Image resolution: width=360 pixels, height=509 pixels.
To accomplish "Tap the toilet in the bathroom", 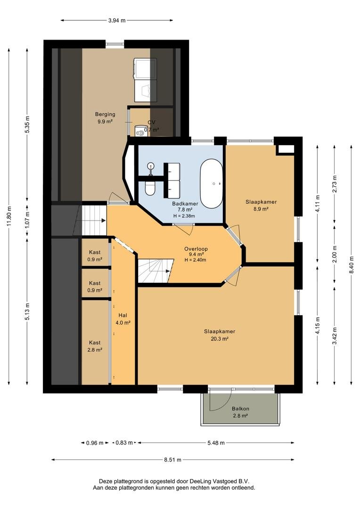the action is point(150,188).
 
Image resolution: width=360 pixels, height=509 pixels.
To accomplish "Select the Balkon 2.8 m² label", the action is point(240,412).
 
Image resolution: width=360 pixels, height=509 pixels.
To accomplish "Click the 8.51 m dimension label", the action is point(172,460).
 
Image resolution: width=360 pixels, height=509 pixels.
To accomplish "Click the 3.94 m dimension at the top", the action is point(117,20).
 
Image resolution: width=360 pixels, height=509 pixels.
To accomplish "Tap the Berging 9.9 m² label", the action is point(105,118).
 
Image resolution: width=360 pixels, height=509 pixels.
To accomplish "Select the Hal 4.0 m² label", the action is point(123,319).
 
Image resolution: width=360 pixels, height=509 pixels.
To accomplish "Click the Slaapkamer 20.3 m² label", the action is point(220,335).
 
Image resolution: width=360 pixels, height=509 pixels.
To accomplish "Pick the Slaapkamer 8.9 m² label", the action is point(261,205).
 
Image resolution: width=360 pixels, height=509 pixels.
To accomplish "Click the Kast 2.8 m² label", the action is point(95,346).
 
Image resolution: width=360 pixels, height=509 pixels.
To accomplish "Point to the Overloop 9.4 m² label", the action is point(196,254).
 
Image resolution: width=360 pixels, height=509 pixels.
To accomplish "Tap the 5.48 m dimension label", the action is point(216,443).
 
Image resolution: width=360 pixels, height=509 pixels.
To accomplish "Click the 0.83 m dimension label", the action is point(124,443).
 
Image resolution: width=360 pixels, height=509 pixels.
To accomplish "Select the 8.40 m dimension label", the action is point(352,265).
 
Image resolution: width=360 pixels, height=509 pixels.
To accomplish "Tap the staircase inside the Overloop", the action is point(155,271).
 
